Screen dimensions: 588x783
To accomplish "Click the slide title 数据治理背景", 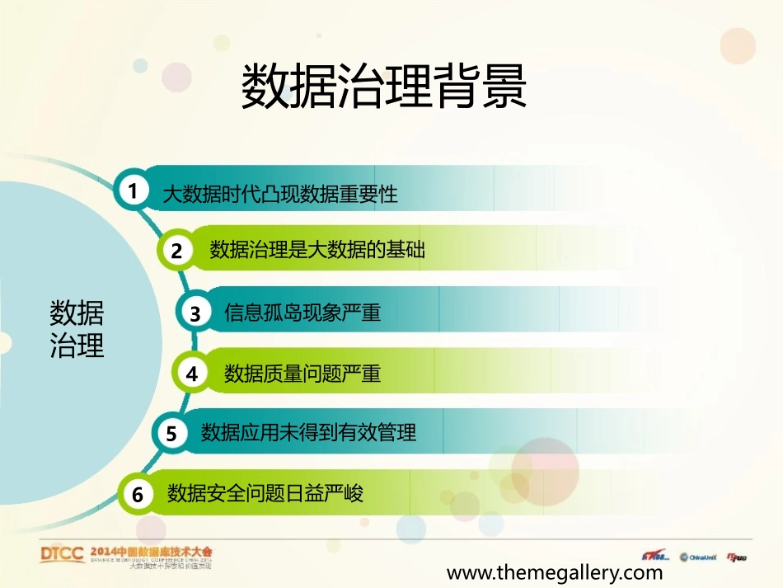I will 383,87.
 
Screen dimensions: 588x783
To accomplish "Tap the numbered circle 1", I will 132,191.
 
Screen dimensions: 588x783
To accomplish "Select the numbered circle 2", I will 177,251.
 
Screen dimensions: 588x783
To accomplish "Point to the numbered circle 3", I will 195,313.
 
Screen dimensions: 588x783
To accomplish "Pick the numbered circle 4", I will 192,374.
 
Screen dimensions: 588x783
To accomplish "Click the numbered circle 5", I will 171,433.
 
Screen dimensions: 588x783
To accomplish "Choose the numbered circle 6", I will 138,494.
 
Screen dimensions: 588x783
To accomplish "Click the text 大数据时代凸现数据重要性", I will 279,195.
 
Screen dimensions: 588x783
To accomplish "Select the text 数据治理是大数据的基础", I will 317,249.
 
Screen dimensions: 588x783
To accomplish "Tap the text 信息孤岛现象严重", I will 302,313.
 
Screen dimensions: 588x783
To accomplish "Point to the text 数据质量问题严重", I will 302,374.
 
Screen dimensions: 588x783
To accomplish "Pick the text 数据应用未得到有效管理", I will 308,432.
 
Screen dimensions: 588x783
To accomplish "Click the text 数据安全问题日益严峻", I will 265,493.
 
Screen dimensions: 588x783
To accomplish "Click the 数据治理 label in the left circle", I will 77,329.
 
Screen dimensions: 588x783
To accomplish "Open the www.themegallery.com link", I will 554,572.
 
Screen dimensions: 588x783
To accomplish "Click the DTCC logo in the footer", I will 63,554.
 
